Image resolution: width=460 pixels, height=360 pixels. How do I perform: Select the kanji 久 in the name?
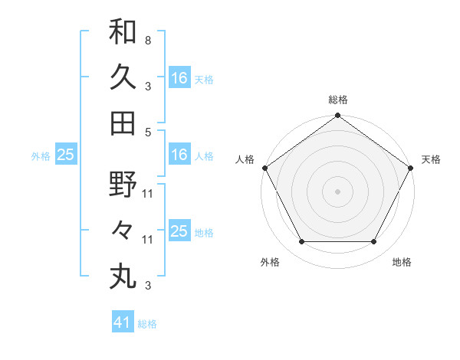point(123,78)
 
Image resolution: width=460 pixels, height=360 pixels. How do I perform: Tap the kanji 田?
point(123,123)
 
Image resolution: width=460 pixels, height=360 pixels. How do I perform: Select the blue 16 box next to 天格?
point(179,77)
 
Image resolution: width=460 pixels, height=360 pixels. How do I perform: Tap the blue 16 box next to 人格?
point(179,155)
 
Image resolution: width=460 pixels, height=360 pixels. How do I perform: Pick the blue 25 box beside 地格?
point(179,231)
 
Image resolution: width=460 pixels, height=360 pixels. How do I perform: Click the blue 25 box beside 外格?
point(65,155)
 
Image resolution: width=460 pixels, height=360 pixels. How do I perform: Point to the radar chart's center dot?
point(337,191)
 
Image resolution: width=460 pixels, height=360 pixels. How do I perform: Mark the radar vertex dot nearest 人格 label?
point(264,168)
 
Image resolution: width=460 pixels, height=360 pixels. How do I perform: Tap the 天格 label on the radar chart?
point(432,159)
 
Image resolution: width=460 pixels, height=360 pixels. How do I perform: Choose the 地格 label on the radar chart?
point(402,262)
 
